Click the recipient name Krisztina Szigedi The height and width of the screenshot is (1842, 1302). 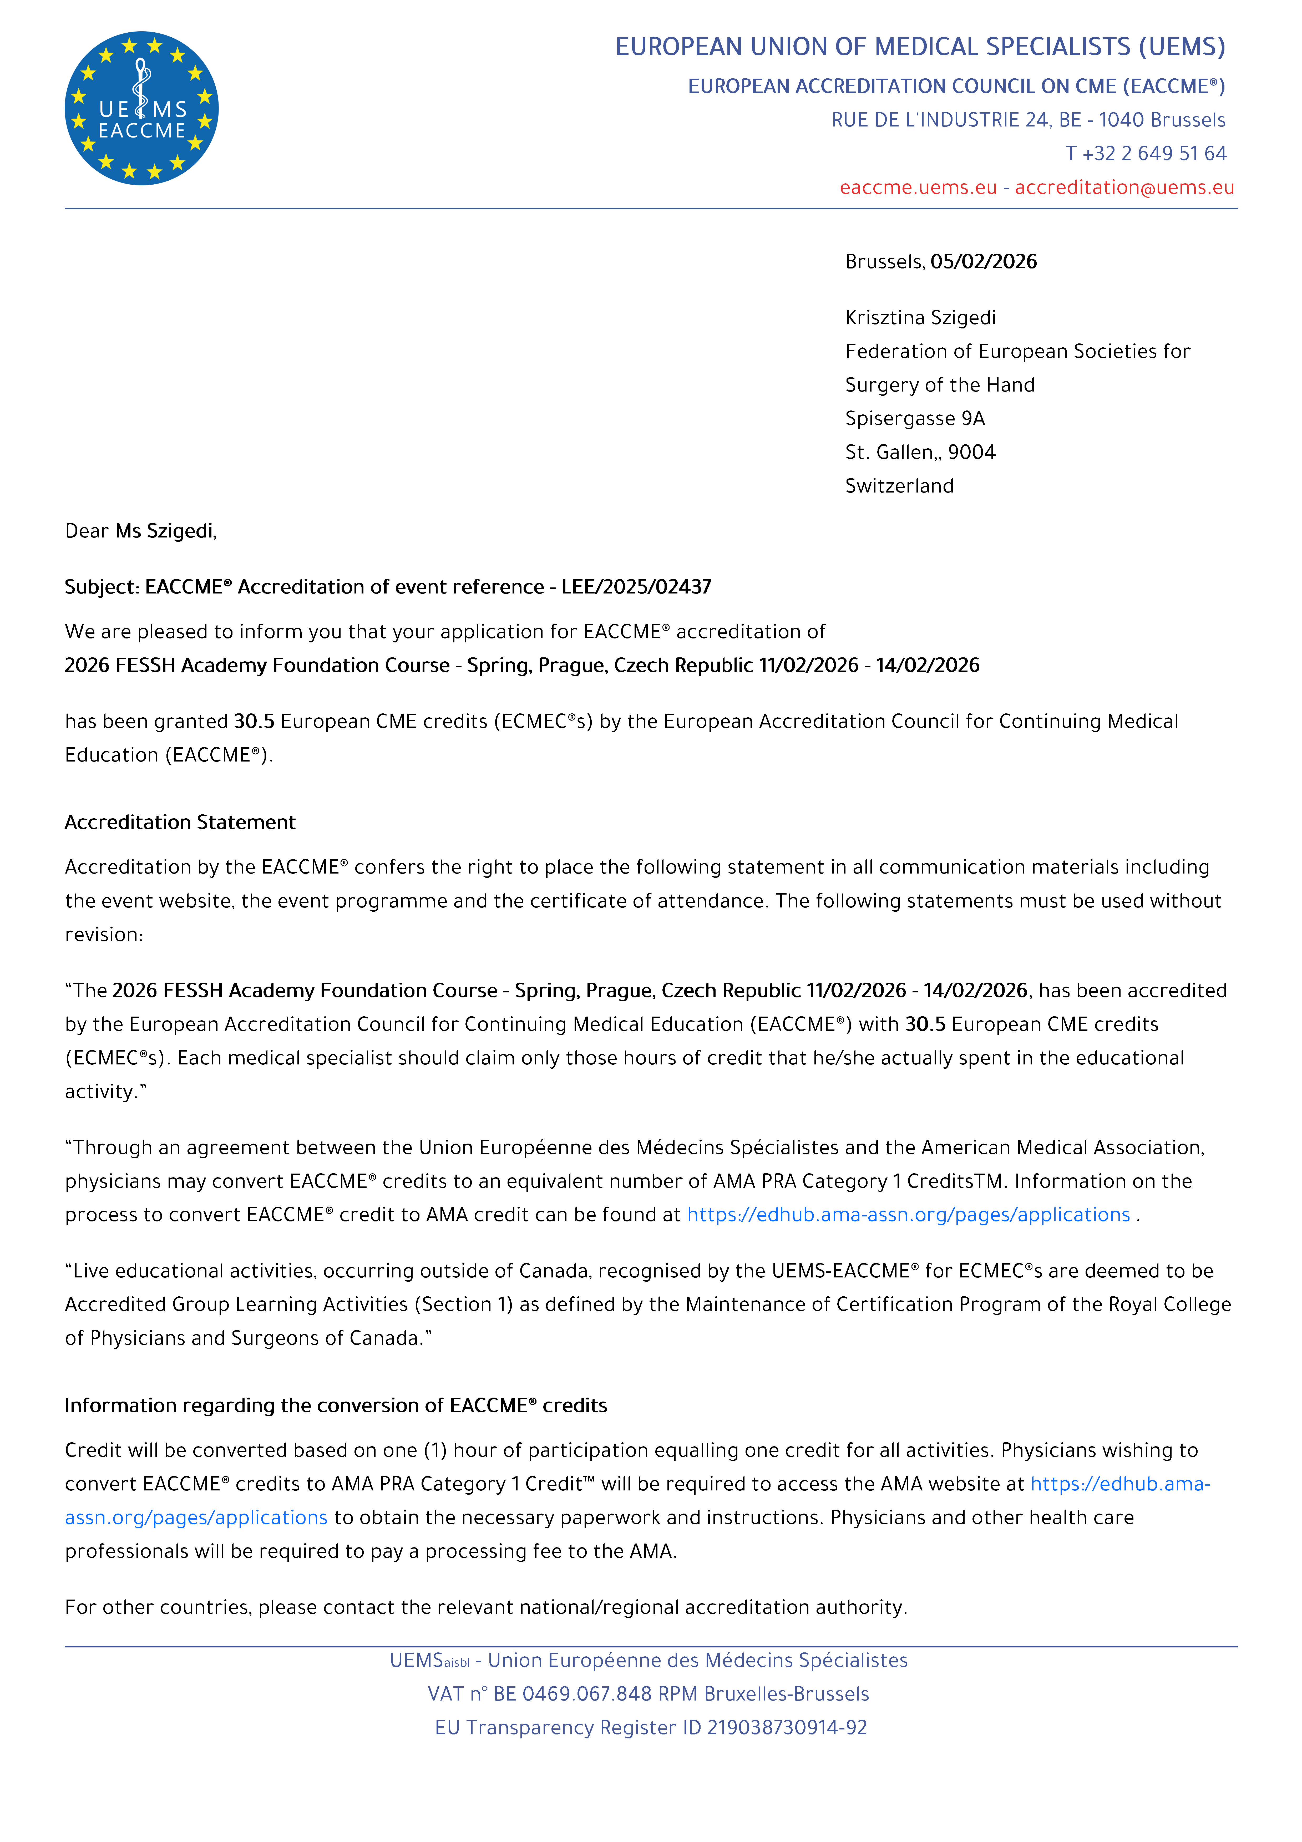(920, 318)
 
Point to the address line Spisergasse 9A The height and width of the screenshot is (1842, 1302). (915, 418)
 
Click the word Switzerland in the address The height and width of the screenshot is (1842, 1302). (899, 485)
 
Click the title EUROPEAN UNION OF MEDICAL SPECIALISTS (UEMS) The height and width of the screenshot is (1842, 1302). (920, 47)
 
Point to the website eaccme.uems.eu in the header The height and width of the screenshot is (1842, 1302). (918, 187)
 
